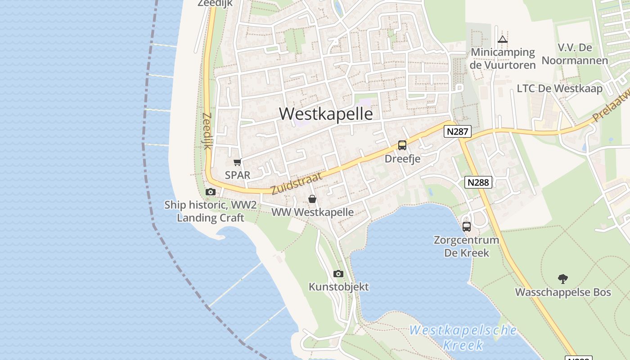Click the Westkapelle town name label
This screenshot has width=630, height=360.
[326, 114]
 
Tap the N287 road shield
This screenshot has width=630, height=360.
[458, 131]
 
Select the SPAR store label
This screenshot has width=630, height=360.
[237, 175]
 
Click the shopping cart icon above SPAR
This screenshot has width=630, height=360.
[237, 162]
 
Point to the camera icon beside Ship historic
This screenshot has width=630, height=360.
[210, 192]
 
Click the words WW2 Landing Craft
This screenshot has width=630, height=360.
[211, 212]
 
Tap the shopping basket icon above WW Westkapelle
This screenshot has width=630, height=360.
[312, 199]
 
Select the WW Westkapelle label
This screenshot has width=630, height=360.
[313, 212]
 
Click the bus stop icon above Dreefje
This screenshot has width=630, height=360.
[402, 145]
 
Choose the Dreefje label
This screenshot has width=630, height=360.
[402, 159]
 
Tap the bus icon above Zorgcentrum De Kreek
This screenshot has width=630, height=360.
[467, 226]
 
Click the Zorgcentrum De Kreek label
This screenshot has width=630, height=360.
[467, 246]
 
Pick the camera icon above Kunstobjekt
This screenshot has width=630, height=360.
[338, 274]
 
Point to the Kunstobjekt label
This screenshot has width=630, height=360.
[338, 287]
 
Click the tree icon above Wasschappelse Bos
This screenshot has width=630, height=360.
[562, 279]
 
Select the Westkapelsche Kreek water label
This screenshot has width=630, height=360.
[463, 337]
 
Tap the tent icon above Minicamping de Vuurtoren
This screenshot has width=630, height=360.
[503, 40]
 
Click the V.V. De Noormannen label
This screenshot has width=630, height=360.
[575, 54]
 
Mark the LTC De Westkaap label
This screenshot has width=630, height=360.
[559, 89]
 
